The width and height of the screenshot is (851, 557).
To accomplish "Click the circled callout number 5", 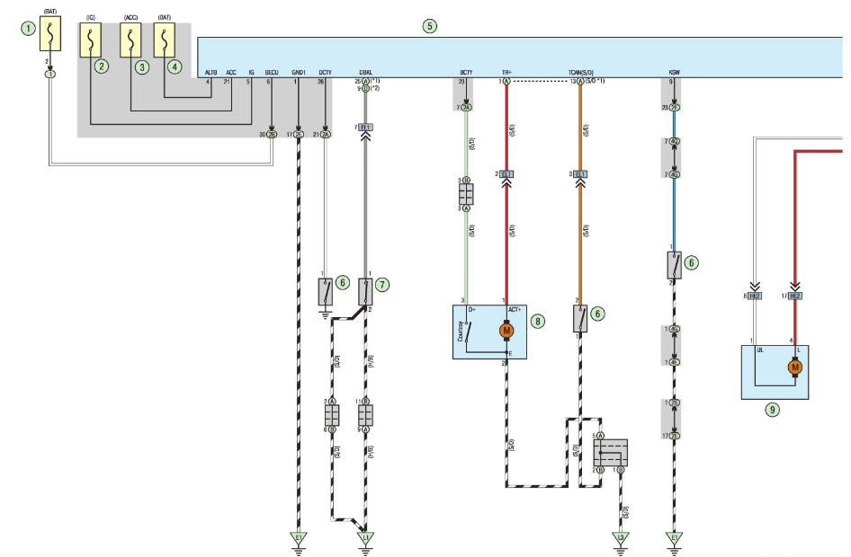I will pos(430,25).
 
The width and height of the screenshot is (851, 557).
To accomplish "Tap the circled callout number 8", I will pos(538,320).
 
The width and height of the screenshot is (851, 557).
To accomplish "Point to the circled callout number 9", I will pos(772,409).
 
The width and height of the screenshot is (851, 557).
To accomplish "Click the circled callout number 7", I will pos(382,284).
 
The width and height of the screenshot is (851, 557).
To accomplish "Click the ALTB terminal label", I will pos(211,71).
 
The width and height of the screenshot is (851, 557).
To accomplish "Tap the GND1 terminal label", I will pos(299,71).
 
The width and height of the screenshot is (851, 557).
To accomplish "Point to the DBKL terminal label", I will pos(366,71).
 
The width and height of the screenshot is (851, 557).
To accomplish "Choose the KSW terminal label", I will pos(674,71).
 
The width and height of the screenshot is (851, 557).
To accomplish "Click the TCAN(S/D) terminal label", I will pos(580,71).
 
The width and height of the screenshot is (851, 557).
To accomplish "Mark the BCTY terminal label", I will pos(466,71).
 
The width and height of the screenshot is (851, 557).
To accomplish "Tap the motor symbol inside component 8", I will pos(506,331).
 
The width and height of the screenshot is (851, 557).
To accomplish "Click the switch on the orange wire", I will pos(580,318).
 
